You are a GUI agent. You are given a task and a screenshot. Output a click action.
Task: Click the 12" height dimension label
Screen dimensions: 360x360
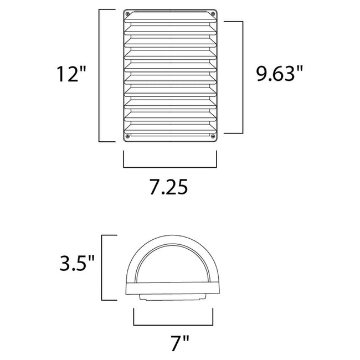pyautogui.click(x=71, y=75)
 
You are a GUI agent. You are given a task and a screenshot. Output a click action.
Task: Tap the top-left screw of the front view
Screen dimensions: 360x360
pyautogui.click(x=128, y=14)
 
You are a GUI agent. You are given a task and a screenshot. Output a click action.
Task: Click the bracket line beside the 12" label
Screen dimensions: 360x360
pyautogui.click(x=99, y=75)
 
